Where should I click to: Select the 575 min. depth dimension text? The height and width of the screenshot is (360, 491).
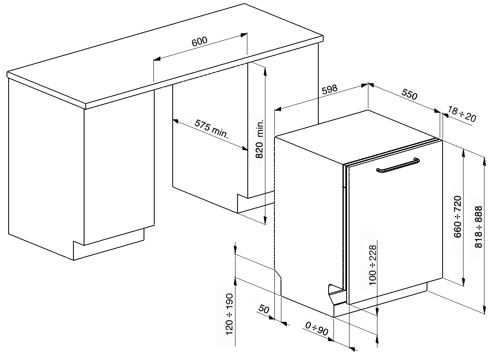(x=211, y=129)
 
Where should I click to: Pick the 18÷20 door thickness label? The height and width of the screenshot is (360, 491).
(x=462, y=114)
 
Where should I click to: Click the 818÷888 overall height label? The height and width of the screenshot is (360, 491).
(x=478, y=226)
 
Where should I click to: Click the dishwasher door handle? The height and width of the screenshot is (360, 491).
(x=397, y=167)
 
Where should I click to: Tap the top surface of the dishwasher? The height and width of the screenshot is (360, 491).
(x=357, y=135)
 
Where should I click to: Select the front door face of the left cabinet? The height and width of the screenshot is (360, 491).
(x=119, y=172)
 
